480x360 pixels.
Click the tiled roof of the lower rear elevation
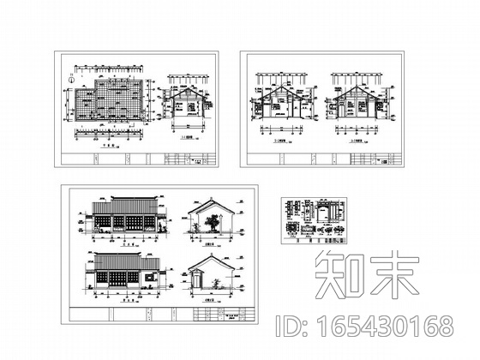(x=124, y=260)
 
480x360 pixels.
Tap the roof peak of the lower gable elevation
(x=205, y=257)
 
